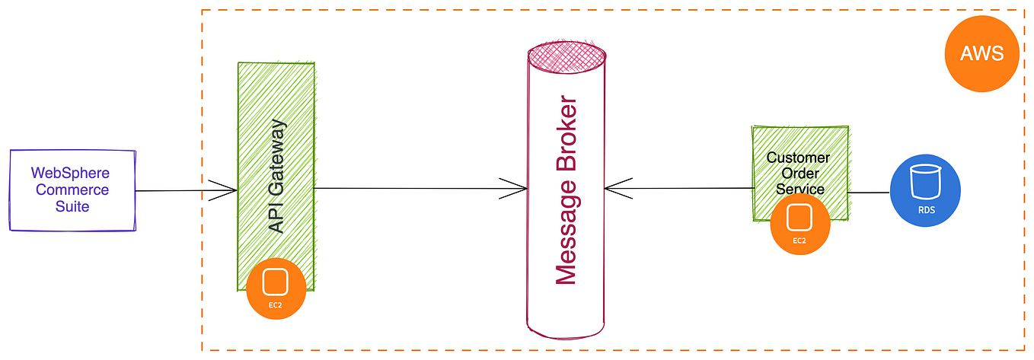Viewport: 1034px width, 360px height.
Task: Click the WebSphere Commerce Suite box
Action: point(72,190)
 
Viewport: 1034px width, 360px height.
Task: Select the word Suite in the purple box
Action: point(72,206)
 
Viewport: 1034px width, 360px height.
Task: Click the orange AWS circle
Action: point(981,54)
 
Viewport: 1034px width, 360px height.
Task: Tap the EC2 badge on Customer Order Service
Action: point(799,224)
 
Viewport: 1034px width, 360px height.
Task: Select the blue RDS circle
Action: point(925,191)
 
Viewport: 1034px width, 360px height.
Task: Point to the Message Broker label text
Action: point(567,190)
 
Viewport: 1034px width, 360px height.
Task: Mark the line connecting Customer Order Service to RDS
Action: point(869,193)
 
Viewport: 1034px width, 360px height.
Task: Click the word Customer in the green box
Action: point(798,158)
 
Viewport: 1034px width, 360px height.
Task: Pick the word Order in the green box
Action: point(798,174)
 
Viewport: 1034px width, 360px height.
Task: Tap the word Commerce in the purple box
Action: point(72,190)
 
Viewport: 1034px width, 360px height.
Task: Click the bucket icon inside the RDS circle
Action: point(925,181)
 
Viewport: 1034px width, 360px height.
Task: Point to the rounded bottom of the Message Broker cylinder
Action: point(567,330)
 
